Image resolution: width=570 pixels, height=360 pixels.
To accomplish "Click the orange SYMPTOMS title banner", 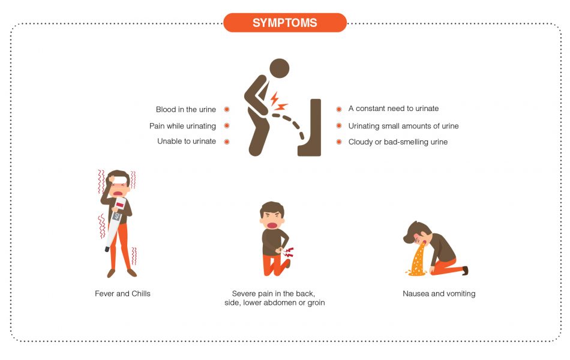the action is (285, 23).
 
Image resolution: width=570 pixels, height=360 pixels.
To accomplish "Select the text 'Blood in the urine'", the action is (186, 109).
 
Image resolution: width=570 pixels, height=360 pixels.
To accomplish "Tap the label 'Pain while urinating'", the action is (182, 126).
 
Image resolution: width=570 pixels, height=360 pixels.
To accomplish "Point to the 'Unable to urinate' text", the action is (187, 141).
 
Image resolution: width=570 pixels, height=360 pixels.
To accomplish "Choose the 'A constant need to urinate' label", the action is (394, 109).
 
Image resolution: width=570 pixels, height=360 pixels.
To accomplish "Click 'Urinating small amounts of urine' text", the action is (404, 126).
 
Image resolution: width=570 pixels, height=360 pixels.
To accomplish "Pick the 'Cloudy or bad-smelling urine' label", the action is (398, 142).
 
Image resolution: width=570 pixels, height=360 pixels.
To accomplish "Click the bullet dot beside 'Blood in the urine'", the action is (227, 109).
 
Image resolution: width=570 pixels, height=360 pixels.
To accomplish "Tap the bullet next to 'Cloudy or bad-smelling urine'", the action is (339, 142).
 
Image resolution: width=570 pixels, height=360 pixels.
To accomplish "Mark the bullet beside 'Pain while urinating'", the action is (227, 126).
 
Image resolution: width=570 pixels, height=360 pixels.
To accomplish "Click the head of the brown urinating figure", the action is (280, 68).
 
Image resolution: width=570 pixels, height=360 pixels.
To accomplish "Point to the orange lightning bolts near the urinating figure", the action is (278, 101).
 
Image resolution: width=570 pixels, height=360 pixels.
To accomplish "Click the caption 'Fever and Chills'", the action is (122, 293).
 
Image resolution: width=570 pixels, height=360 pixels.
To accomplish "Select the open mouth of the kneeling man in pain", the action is (272, 224).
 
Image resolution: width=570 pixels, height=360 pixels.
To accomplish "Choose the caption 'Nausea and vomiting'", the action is (439, 293).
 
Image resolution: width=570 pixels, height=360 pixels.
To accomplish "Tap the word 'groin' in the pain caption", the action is (316, 303).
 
